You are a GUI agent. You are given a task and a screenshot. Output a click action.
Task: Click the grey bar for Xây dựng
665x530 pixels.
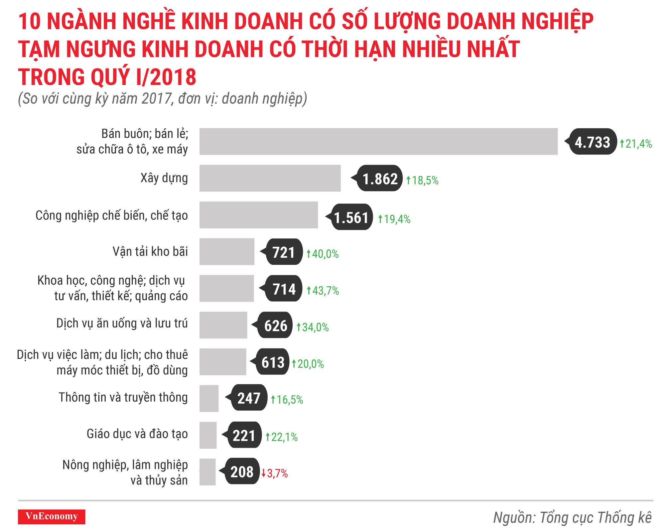[270, 178]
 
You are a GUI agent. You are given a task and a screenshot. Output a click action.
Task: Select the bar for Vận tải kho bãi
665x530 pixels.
[227, 252]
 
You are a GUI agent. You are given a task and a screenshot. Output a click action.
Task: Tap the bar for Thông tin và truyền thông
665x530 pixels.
[209, 399]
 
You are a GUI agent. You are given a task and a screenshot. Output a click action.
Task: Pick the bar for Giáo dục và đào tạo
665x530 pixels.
[208, 435]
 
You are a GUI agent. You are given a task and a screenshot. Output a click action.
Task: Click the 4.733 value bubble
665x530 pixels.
[593, 142]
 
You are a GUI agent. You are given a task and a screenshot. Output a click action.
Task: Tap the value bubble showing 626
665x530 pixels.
[275, 326]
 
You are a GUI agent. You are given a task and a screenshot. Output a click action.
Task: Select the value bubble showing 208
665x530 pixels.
[242, 472]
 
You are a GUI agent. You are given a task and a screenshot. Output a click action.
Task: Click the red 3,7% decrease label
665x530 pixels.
[277, 473]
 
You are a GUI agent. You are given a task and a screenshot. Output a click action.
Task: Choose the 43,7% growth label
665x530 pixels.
[325, 291]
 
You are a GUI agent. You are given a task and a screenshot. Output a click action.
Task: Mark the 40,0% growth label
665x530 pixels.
[325, 254]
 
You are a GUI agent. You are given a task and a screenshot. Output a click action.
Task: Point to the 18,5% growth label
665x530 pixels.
[425, 181]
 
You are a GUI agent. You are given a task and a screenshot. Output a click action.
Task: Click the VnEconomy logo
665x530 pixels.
[52, 516]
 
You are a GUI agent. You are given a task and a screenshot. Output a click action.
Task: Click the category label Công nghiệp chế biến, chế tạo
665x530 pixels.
[111, 215]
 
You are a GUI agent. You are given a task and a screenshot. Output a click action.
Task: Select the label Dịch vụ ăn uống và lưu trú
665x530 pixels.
[122, 323]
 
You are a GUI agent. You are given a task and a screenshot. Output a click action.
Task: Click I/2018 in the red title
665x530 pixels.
[166, 77]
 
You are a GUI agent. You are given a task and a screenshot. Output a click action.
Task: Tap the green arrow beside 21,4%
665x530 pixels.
[622, 144]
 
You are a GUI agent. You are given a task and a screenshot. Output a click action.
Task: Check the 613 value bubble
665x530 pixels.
[273, 362]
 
